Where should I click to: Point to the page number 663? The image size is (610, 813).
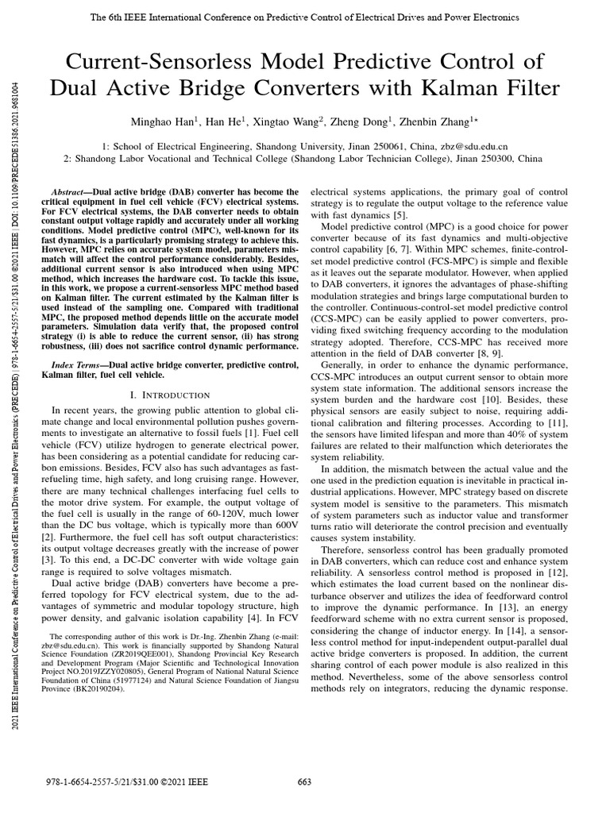(x=304, y=782)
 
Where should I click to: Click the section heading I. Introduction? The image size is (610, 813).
(x=170, y=395)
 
